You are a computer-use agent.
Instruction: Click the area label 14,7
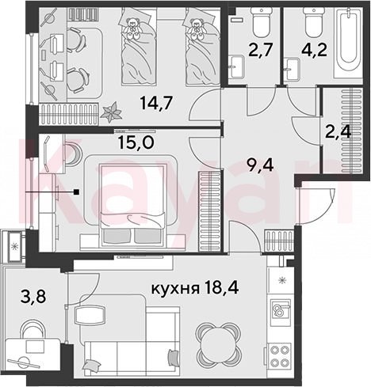156,103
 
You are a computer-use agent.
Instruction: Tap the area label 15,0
136,142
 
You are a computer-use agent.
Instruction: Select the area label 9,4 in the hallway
259,165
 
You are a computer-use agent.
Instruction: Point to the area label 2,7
260,50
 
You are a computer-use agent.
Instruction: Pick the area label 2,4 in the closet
338,131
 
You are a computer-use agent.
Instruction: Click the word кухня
175,289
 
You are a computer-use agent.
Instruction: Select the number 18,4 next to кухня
221,288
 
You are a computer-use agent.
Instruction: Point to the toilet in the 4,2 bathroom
313,22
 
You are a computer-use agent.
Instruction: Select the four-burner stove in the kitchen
280,355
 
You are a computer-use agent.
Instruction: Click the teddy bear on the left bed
132,28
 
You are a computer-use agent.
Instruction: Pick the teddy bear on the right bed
196,28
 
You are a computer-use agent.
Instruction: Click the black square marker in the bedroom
77,192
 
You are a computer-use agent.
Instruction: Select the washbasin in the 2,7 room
237,66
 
